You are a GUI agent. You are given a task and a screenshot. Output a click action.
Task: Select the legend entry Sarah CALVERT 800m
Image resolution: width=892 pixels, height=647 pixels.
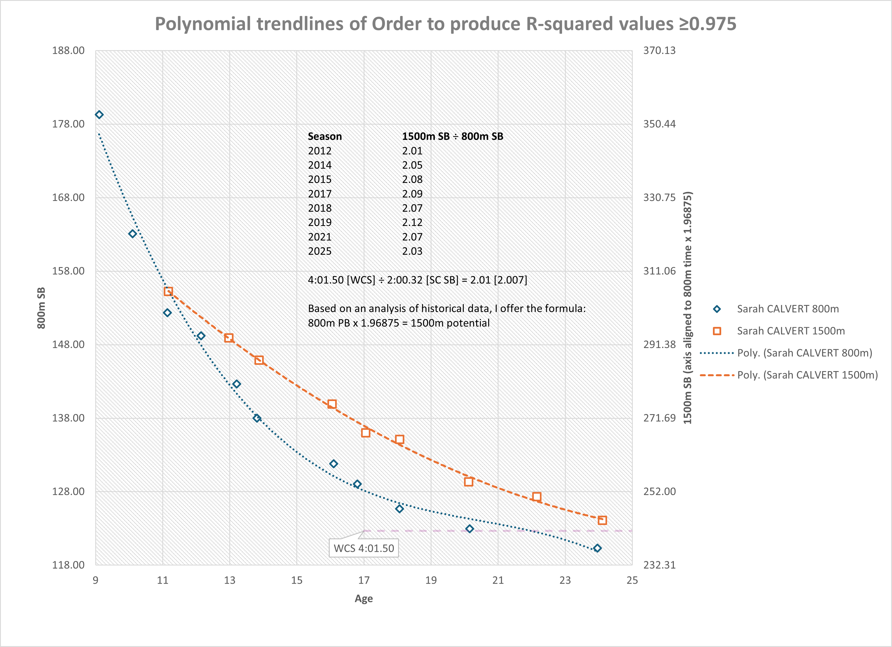click(787, 309)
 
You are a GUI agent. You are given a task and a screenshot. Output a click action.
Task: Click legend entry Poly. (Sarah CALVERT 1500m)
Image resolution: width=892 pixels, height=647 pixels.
click(807, 375)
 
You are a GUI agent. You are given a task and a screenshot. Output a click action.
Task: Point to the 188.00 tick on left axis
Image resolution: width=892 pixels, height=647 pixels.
click(68, 50)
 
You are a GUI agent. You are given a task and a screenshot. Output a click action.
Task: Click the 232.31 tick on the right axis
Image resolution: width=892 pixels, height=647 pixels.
click(659, 565)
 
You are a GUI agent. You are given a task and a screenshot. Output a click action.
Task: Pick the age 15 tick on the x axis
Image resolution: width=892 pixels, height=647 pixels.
click(297, 580)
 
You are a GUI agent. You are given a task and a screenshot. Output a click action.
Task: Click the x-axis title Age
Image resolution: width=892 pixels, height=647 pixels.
click(363, 598)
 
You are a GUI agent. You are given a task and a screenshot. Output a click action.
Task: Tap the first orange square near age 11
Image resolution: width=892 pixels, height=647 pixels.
click(168, 291)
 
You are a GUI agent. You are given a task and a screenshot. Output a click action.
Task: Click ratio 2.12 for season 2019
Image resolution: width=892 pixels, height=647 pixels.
click(412, 223)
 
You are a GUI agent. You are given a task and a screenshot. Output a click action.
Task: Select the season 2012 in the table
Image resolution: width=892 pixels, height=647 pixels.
click(319, 151)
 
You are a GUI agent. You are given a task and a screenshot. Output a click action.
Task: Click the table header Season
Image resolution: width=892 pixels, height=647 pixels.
click(325, 137)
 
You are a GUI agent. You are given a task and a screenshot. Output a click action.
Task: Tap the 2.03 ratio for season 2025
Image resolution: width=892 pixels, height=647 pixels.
click(412, 251)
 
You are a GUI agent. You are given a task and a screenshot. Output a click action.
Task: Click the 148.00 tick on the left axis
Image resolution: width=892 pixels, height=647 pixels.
click(68, 344)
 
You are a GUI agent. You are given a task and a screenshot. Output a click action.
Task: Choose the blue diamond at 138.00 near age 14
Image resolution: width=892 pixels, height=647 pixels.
click(257, 418)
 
